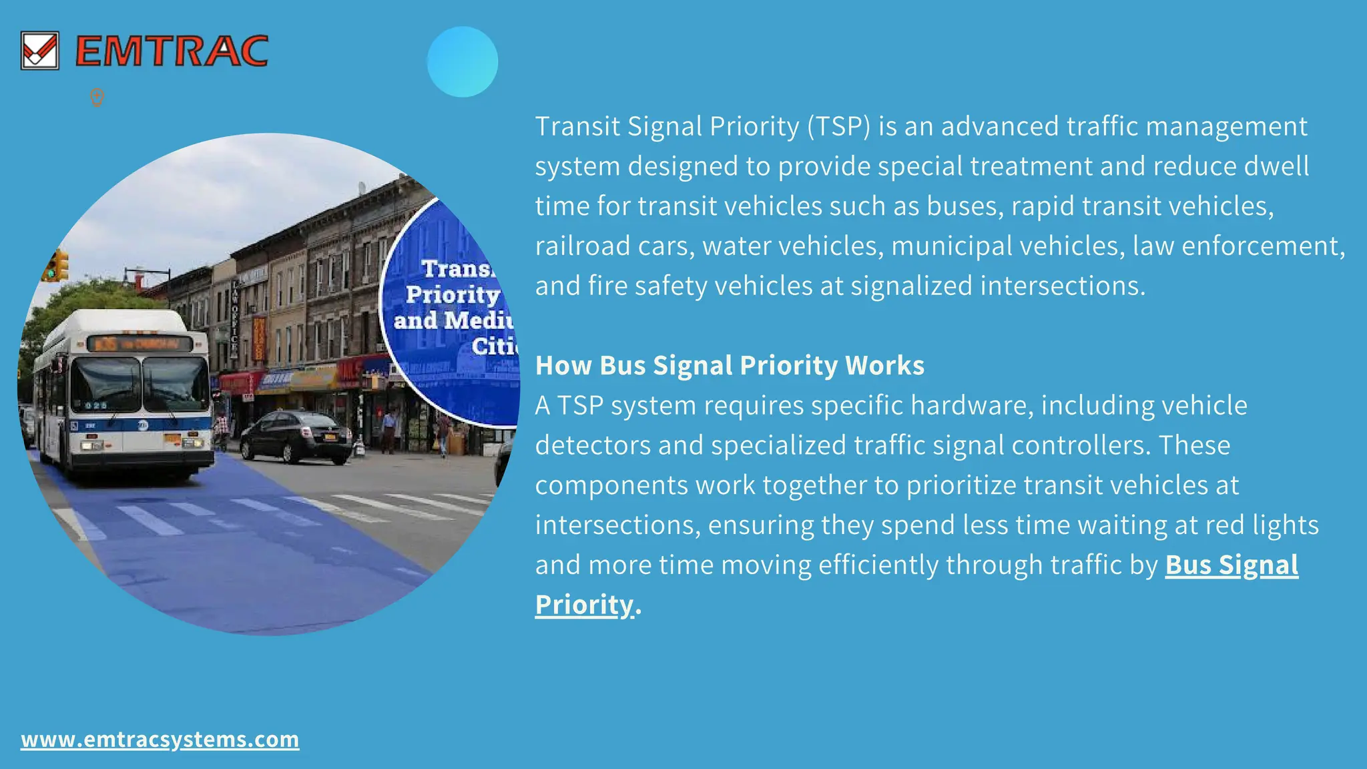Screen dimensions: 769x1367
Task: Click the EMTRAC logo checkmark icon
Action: pos(39,51)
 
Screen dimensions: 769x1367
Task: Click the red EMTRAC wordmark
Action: pos(172,51)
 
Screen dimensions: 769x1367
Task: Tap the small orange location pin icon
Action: pos(97,97)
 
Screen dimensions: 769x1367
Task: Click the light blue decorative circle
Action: pos(462,62)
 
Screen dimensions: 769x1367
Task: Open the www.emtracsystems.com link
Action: pos(160,740)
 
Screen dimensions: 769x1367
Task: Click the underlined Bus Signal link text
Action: pos(1232,565)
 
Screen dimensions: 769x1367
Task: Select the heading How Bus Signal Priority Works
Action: pos(730,365)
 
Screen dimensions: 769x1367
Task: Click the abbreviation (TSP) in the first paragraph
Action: pos(838,126)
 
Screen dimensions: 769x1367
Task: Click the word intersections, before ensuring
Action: pos(617,525)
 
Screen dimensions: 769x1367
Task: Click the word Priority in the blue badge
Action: pos(452,294)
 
